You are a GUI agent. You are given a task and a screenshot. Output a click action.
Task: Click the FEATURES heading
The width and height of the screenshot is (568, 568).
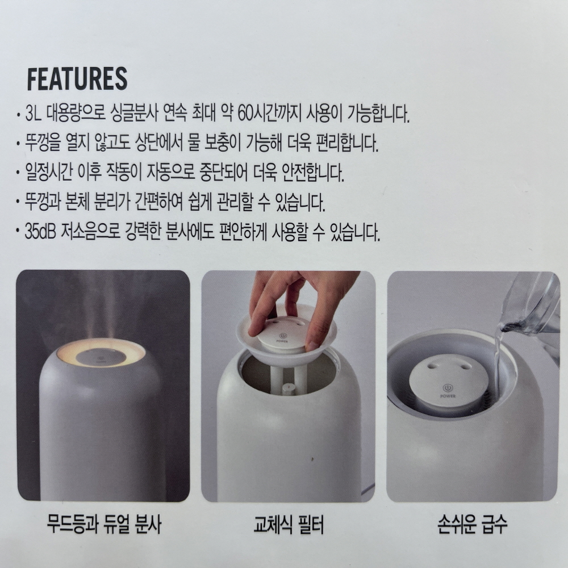click(x=77, y=78)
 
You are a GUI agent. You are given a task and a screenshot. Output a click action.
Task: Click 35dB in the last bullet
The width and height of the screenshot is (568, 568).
click(x=40, y=232)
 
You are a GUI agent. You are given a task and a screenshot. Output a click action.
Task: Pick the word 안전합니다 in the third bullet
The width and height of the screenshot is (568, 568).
click(x=313, y=173)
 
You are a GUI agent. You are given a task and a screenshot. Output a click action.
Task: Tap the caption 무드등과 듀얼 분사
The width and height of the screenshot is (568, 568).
click(x=104, y=524)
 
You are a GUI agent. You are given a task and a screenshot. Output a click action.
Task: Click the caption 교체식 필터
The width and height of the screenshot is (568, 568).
click(x=289, y=524)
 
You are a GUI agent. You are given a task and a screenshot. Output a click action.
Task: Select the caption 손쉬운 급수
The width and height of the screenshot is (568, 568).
click(x=473, y=524)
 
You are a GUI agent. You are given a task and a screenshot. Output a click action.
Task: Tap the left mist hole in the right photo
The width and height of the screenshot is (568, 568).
click(x=432, y=367)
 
